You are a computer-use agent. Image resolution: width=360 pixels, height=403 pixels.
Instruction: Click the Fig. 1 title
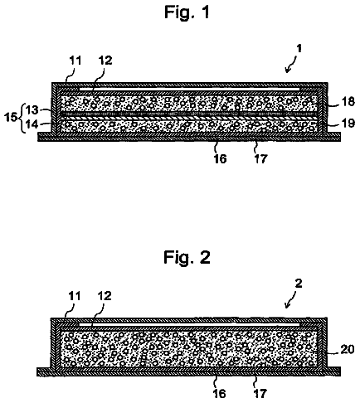click(187, 12)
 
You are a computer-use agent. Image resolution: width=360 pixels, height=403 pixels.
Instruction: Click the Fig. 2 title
click(187, 257)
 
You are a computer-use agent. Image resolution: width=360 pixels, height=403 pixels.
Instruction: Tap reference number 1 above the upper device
click(299, 49)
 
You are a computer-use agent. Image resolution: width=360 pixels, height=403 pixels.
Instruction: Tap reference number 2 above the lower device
click(299, 284)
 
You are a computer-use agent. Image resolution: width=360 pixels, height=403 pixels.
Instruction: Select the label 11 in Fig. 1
click(75, 61)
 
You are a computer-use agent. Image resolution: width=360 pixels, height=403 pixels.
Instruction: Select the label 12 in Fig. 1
click(105, 61)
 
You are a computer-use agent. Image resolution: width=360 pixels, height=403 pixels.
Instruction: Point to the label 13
click(32, 110)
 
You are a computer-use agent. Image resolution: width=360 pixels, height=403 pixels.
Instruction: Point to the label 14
click(32, 124)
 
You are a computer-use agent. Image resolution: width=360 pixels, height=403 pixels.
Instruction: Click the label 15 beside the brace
click(11, 117)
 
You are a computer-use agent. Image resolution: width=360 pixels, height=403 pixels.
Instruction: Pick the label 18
click(348, 101)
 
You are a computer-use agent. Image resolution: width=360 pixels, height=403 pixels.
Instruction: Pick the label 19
click(348, 123)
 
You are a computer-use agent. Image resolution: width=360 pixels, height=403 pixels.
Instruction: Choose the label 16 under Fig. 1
click(220, 159)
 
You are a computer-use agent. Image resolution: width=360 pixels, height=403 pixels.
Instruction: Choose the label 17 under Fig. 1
click(260, 159)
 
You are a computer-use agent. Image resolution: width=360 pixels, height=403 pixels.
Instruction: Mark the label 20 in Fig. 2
click(348, 350)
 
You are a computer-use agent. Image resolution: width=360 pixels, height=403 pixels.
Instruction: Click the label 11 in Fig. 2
click(74, 296)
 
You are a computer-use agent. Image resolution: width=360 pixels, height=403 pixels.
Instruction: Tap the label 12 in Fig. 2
click(105, 296)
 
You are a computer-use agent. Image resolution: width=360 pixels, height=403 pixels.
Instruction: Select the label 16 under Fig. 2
click(220, 394)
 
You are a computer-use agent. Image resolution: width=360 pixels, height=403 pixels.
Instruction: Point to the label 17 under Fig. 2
click(260, 394)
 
